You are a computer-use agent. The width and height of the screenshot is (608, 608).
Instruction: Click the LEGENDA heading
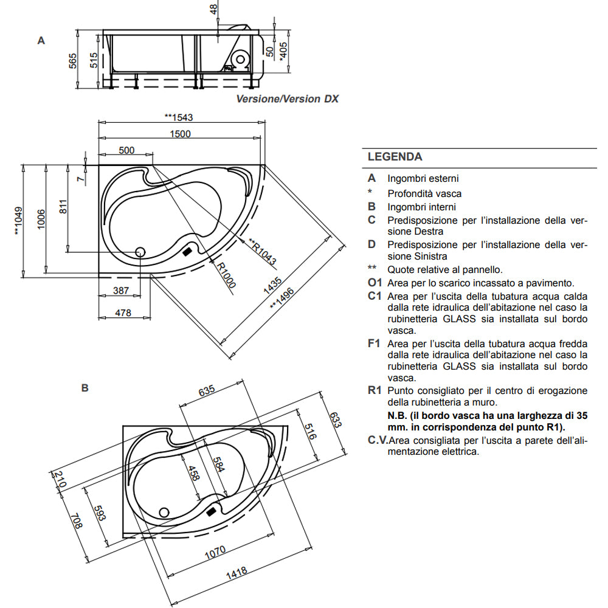pyautogui.click(x=395, y=157)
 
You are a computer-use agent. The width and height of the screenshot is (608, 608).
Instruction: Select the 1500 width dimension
pyautogui.click(x=180, y=134)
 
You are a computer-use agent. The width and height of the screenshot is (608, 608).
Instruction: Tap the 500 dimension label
pyautogui.click(x=126, y=150)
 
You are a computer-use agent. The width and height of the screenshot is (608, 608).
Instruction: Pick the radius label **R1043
pyautogui.click(x=262, y=252)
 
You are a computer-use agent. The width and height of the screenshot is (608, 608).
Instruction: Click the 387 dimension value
pyautogui.click(x=121, y=291)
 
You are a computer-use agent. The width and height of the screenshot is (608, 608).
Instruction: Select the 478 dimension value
pyautogui.click(x=123, y=313)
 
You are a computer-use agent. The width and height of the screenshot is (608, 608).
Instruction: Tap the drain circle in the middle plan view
pyautogui.click(x=140, y=251)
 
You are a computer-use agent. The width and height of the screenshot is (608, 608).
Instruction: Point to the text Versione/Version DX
pyautogui.click(x=287, y=98)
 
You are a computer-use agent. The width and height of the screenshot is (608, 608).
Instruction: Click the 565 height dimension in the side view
pyautogui.click(x=72, y=61)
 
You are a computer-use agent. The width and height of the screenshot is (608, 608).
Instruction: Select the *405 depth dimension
pyautogui.click(x=283, y=51)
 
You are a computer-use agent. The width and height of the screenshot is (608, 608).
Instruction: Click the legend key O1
pyautogui.click(x=375, y=283)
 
